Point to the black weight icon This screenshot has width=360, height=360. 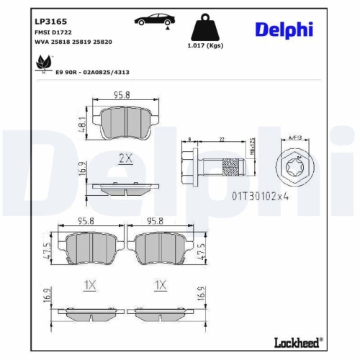(x=203, y=30)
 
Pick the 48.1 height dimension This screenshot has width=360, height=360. (x=83, y=127)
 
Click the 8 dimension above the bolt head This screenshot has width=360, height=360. (x=189, y=139)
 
